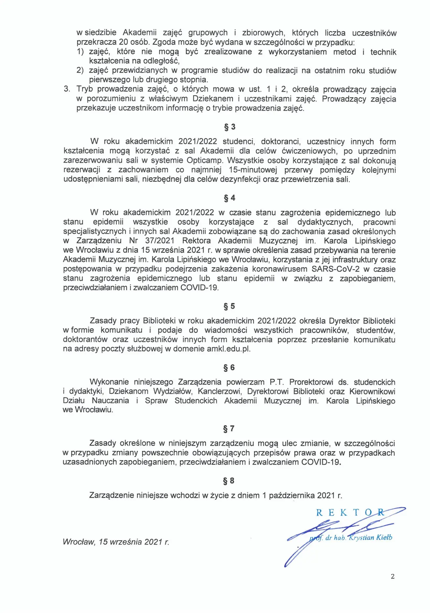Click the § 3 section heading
[230, 127]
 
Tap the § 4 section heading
[229, 198]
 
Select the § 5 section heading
[229, 306]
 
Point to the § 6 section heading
[229, 367]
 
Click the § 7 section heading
[229, 429]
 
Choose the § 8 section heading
[229, 481]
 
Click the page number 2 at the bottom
[393, 576]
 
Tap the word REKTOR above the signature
[350, 513]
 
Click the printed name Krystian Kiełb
[371, 537]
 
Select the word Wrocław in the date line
[78, 542]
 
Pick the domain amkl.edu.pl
[228, 349]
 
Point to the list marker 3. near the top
[67, 89]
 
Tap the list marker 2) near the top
[80, 70]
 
